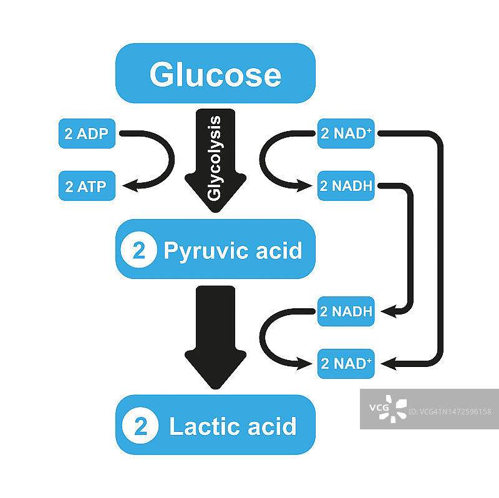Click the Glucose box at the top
point(215,74)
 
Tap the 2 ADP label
point(87,134)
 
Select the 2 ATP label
point(87,186)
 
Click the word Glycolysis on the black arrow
point(215,157)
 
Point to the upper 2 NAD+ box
point(346,134)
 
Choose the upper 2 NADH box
point(346,186)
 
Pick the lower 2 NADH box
point(346,311)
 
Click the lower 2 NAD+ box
point(346,364)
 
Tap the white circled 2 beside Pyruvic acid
point(138,250)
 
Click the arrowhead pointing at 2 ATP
point(129,185)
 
